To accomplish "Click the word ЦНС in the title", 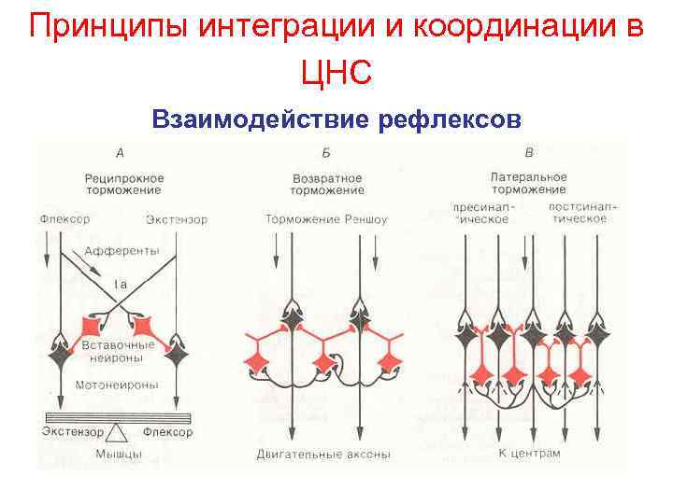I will pos(336,70).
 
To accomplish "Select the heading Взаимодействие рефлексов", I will pos(336,120).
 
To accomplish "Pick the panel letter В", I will pos(530,152).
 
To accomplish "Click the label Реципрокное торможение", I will pos(123,184).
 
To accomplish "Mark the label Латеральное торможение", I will pos(529,184).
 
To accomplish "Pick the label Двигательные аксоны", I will pos(323,455).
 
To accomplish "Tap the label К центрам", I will pos(529,454).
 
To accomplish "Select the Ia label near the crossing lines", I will pos(121,283).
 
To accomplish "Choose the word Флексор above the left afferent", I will pos(65,220).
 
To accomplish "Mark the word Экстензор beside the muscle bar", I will pos(74,432).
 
